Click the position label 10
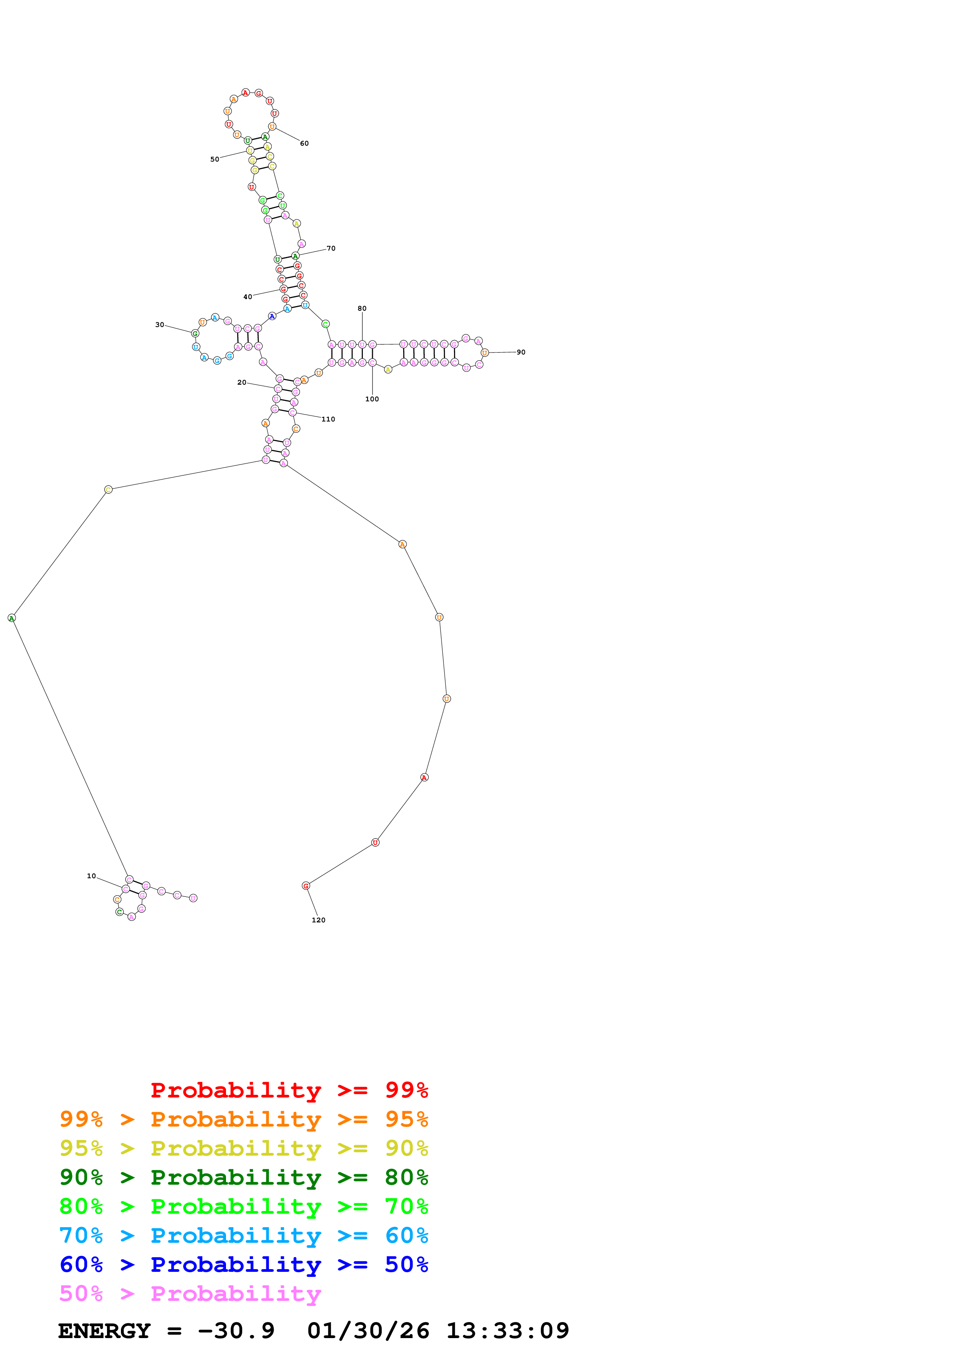click(x=91, y=876)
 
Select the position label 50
click(x=214, y=159)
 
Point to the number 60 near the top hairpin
click(x=304, y=143)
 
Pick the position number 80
click(x=362, y=308)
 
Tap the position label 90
click(x=521, y=352)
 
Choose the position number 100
click(x=372, y=399)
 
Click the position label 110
click(x=328, y=419)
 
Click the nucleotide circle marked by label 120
click(x=306, y=886)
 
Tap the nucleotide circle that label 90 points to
click(x=485, y=353)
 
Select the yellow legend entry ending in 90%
click(x=244, y=1148)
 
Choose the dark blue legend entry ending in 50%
click(x=244, y=1264)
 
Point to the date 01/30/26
click(x=368, y=1331)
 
